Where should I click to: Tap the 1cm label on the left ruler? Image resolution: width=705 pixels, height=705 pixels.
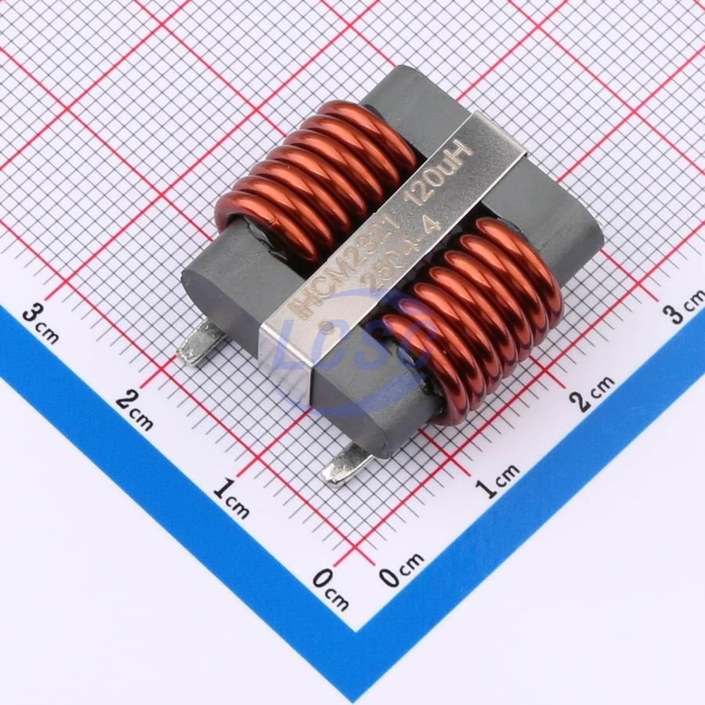coord(231,500)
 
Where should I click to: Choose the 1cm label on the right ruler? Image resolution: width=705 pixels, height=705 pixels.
coord(497,479)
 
